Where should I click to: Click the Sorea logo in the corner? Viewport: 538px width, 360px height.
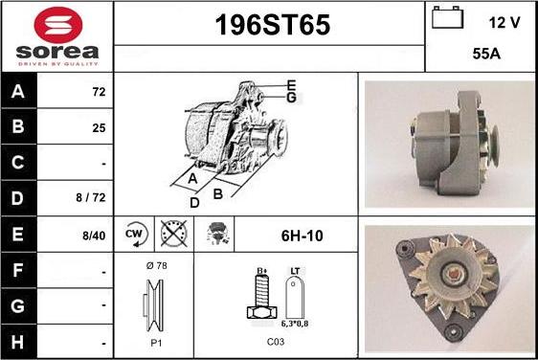click(x=56, y=35)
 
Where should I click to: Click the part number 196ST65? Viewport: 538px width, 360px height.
click(x=269, y=26)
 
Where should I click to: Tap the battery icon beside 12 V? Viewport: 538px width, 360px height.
click(x=447, y=18)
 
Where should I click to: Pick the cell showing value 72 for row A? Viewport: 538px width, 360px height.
click(x=97, y=94)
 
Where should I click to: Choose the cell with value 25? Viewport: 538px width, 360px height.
click(x=97, y=126)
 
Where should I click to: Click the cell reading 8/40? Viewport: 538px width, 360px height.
click(x=95, y=233)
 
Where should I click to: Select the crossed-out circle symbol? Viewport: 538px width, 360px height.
click(x=173, y=233)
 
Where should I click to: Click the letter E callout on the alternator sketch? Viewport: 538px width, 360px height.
click(x=291, y=84)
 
